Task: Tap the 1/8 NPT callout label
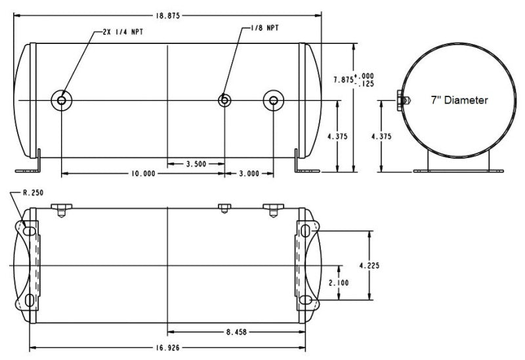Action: point(266,29)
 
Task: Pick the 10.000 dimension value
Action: point(142,174)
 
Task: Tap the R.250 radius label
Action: point(33,193)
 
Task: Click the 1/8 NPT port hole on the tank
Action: point(224,100)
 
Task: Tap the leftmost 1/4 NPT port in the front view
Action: point(62,100)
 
